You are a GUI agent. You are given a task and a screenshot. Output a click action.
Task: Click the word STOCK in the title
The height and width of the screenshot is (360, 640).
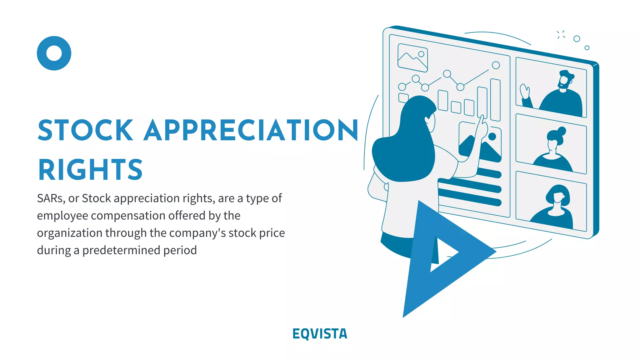pyautogui.click(x=85, y=130)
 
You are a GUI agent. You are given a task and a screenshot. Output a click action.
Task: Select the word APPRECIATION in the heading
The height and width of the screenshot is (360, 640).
pyautogui.click(x=251, y=130)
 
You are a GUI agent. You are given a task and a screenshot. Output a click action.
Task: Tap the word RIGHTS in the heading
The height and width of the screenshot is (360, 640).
pyautogui.click(x=90, y=170)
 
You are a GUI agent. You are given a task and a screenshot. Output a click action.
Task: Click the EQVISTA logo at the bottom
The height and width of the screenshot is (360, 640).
pyautogui.click(x=320, y=334)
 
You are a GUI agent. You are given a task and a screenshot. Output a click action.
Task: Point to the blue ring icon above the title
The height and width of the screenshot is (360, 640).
pyautogui.click(x=54, y=53)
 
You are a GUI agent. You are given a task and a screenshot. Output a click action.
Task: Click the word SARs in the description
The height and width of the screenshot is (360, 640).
pyautogui.click(x=51, y=198)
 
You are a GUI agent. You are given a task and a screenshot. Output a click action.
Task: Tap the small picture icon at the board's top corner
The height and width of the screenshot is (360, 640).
pyautogui.click(x=412, y=58)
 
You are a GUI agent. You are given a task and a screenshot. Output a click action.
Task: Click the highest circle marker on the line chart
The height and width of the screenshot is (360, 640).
pyautogui.click(x=496, y=65)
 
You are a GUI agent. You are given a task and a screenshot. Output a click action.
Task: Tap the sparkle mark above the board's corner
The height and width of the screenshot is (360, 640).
pyautogui.click(x=561, y=35)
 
